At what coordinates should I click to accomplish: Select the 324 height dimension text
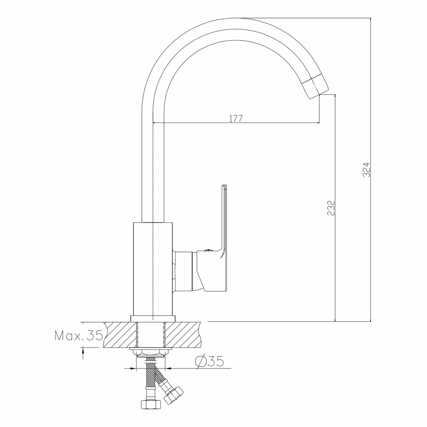tap(366, 170)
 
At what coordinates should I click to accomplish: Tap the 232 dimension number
tap(330, 208)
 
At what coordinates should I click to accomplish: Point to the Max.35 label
tap(79, 336)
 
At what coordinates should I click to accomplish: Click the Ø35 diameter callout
tap(209, 361)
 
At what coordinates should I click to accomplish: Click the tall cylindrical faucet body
tap(153, 269)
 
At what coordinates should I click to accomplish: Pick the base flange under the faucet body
tap(153, 319)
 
